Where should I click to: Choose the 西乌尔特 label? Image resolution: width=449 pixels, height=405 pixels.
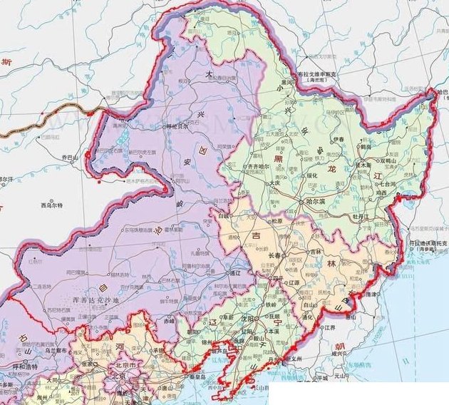51,205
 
